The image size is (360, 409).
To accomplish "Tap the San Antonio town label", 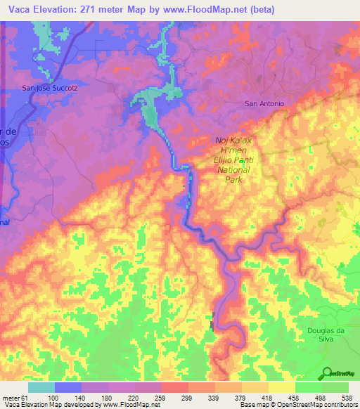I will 264,104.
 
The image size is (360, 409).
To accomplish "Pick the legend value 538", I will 347,397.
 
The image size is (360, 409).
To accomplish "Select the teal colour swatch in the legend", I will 41,387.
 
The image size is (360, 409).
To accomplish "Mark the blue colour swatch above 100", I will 68,387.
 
